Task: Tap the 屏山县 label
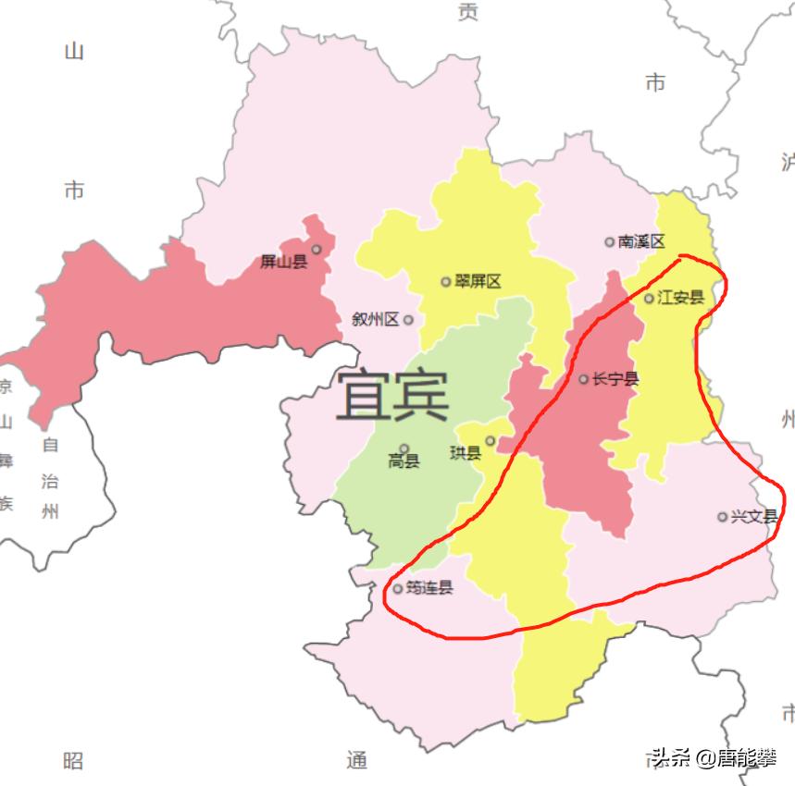(283, 263)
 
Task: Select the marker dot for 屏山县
(317, 249)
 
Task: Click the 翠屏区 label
(478, 281)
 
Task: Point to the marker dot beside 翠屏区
(446, 281)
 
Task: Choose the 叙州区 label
(375, 320)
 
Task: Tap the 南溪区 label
(641, 241)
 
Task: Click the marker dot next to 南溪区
(609, 242)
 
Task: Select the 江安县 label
(680, 298)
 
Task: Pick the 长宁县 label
(615, 379)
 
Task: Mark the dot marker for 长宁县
(583, 379)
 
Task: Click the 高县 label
(404, 461)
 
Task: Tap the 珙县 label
(465, 453)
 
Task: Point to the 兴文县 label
(753, 516)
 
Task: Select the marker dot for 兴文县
(722, 517)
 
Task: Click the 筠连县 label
(429, 588)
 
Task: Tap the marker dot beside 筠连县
(398, 589)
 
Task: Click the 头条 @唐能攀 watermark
(713, 759)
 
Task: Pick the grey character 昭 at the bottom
(73, 760)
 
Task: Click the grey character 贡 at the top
(468, 12)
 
